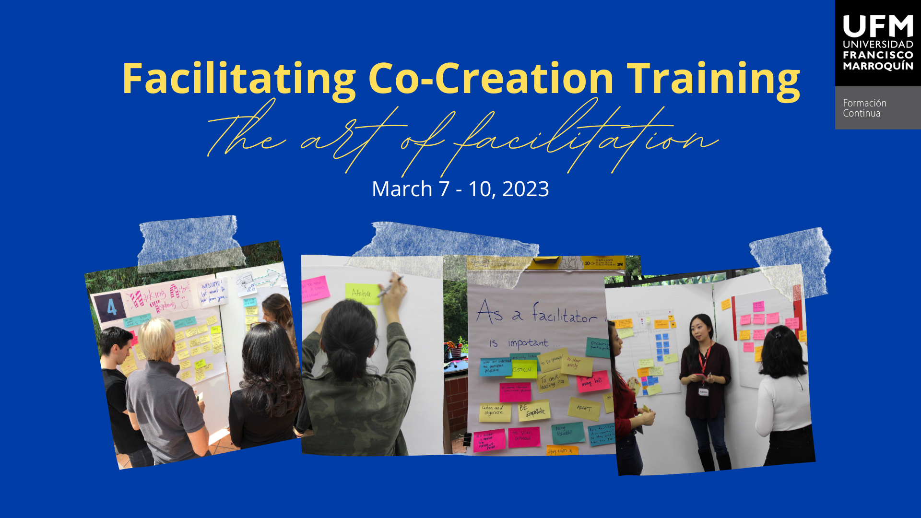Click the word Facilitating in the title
[x=238, y=79]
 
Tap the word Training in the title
[x=713, y=79]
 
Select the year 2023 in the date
[x=525, y=189]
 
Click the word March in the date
[x=402, y=189]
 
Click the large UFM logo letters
[x=877, y=26]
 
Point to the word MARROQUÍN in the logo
[x=878, y=66]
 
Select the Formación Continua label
[x=864, y=108]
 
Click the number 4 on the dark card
[x=111, y=307]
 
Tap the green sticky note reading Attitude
[x=362, y=293]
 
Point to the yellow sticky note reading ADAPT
[x=584, y=408]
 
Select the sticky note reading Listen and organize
[x=494, y=412]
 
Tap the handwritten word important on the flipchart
[x=528, y=343]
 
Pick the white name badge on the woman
[x=703, y=392]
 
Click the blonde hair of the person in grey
[x=156, y=338]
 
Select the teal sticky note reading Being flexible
[x=567, y=432]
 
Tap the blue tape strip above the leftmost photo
[x=189, y=242]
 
